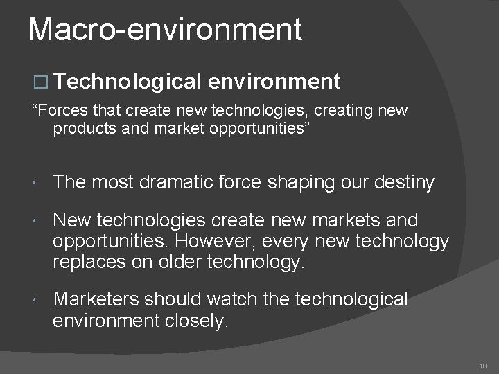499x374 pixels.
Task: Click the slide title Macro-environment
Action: [x=165, y=29]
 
